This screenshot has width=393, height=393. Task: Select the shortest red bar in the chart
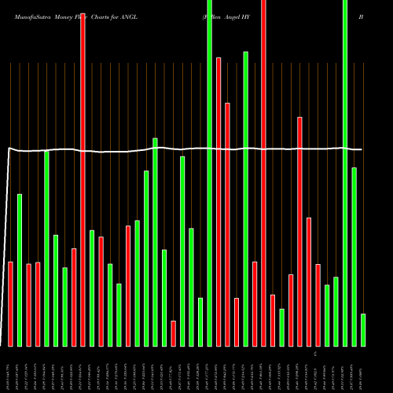pos(173,333)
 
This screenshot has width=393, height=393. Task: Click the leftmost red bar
pos(11,303)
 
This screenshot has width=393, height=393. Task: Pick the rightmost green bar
pos(363,329)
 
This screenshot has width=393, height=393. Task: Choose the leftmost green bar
pos(20,270)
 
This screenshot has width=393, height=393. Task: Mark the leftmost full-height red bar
pos(83,173)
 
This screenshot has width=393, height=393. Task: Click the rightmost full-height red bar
pos(263,173)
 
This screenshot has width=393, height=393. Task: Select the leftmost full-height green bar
pos(209,173)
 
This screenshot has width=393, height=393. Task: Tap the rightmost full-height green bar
pos(345,173)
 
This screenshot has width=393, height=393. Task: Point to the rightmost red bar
pos(318,305)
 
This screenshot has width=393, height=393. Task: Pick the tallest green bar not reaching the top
pos(245,198)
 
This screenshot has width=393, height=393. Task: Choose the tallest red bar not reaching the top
pos(219,201)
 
